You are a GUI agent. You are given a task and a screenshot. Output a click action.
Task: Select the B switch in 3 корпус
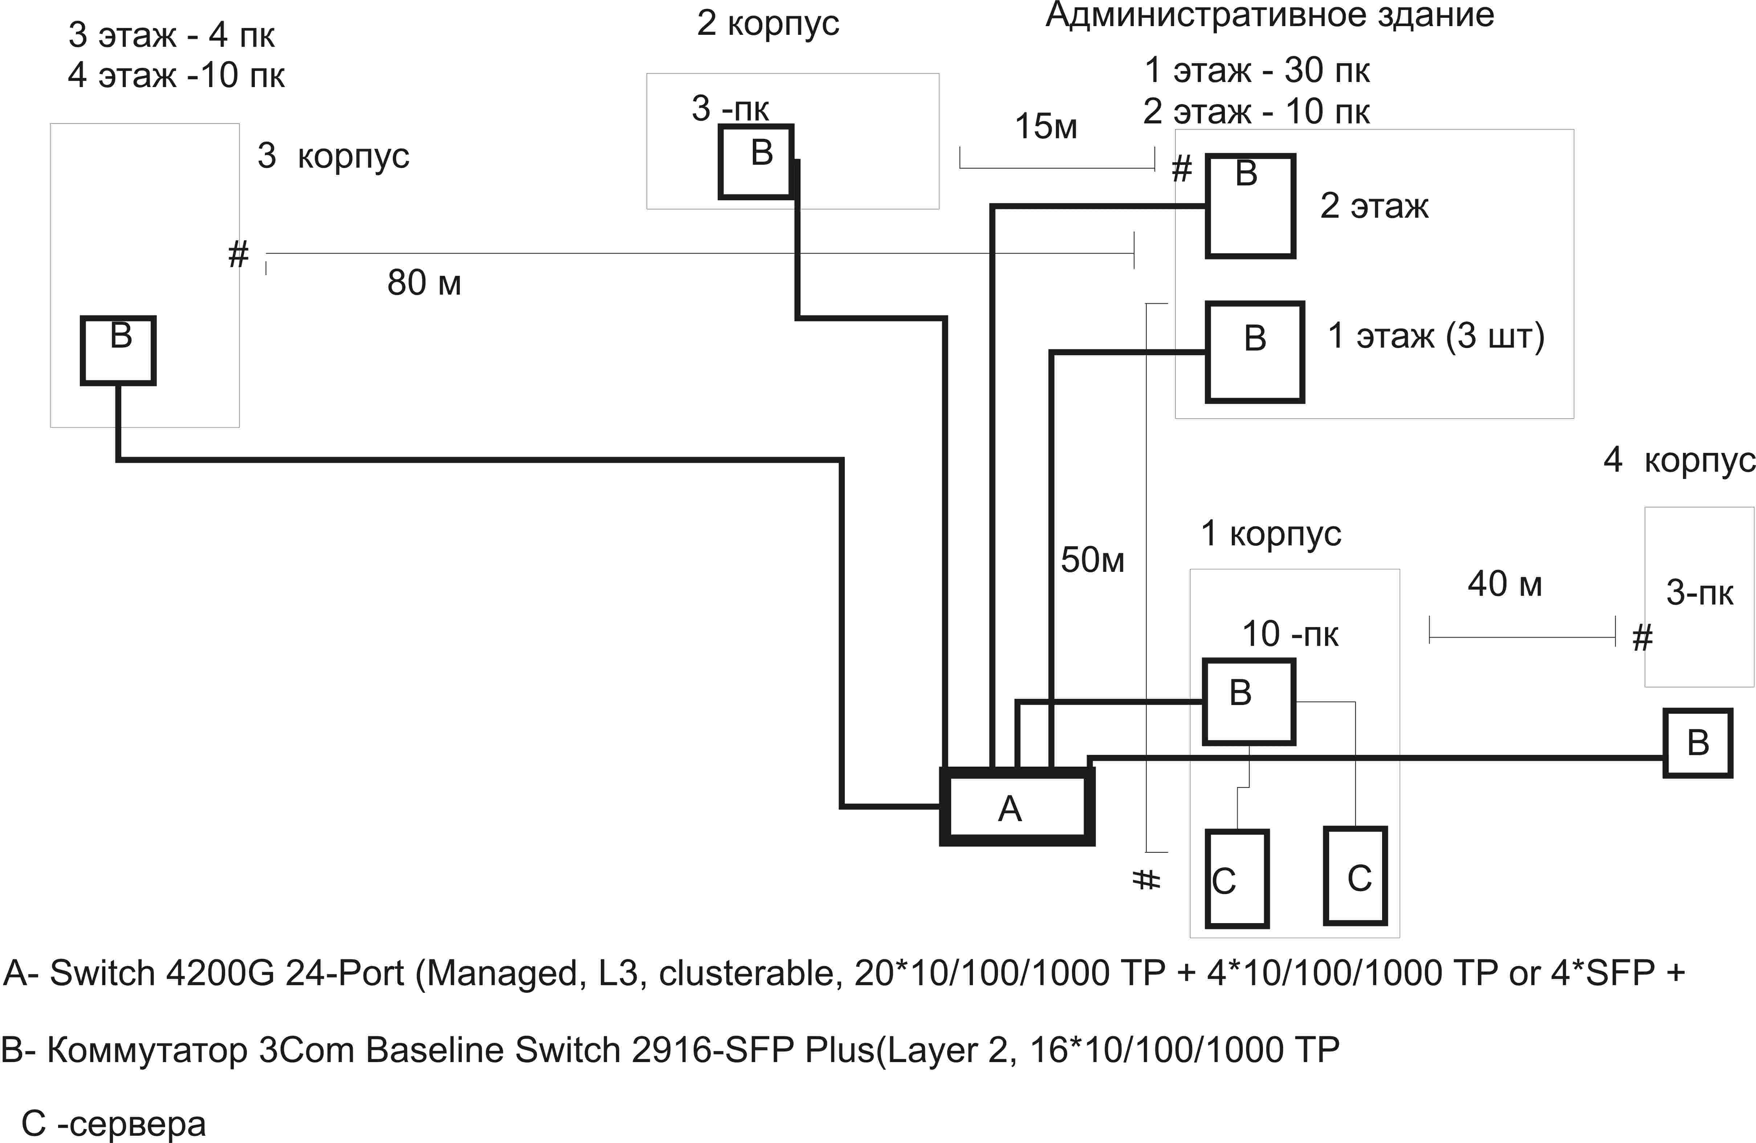(118, 350)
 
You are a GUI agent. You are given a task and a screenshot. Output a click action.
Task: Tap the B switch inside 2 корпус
(756, 161)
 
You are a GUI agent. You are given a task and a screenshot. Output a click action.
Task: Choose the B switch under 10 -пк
(1248, 701)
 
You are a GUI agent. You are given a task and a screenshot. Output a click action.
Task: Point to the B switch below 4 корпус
(1698, 743)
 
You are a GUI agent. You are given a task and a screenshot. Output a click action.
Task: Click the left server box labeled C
(1236, 878)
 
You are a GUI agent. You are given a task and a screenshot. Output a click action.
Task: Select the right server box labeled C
(1355, 875)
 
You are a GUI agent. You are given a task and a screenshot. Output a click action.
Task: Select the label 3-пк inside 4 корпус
(1699, 593)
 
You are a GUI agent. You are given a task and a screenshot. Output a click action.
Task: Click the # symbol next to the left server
(1146, 879)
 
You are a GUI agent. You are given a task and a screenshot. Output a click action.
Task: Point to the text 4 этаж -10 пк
(176, 75)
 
